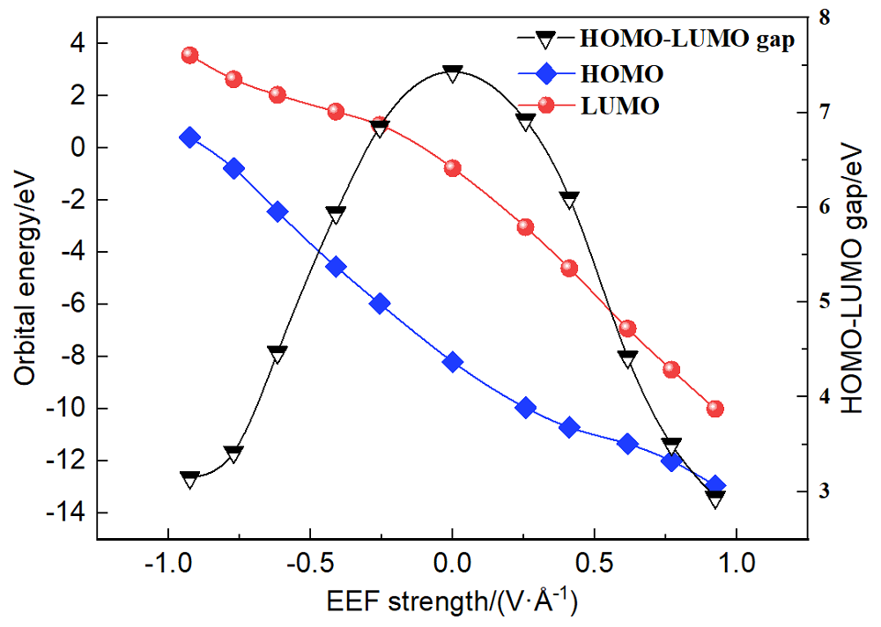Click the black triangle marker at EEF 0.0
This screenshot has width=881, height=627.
point(452,74)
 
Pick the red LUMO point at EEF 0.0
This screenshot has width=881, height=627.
point(452,168)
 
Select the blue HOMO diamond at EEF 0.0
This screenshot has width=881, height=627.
point(452,362)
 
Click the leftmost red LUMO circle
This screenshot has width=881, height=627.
point(189,55)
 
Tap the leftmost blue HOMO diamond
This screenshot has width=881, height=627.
point(189,137)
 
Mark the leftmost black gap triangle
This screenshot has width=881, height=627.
point(189,479)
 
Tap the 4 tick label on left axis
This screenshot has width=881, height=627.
point(78,43)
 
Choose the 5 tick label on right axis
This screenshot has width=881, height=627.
point(824,302)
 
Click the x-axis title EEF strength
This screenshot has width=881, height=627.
point(451,603)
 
